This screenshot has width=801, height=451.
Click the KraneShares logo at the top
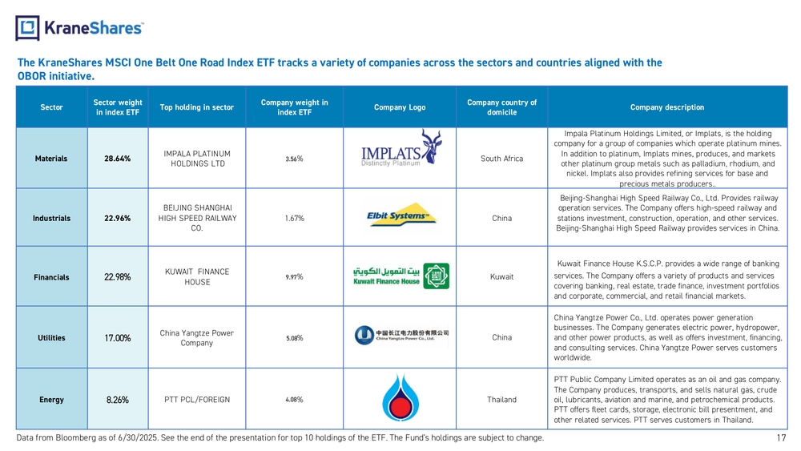point(79,27)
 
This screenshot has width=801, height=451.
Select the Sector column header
point(51,107)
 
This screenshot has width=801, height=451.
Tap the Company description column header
point(667,107)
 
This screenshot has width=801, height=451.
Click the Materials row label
point(51,159)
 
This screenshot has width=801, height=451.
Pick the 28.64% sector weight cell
point(118,159)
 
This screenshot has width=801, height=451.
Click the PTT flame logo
point(400,398)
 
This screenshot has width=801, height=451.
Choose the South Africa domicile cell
point(501,159)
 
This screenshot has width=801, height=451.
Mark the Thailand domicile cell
point(501,400)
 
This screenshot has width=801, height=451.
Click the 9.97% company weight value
point(294,277)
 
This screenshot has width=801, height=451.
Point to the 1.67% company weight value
point(294,218)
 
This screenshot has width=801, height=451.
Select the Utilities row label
point(51,337)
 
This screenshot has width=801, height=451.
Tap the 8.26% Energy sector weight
point(118,400)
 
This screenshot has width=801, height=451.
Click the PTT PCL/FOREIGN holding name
point(197,400)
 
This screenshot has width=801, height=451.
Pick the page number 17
point(781,437)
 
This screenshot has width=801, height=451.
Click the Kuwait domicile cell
point(501,276)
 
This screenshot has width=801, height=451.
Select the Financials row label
point(51,277)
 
